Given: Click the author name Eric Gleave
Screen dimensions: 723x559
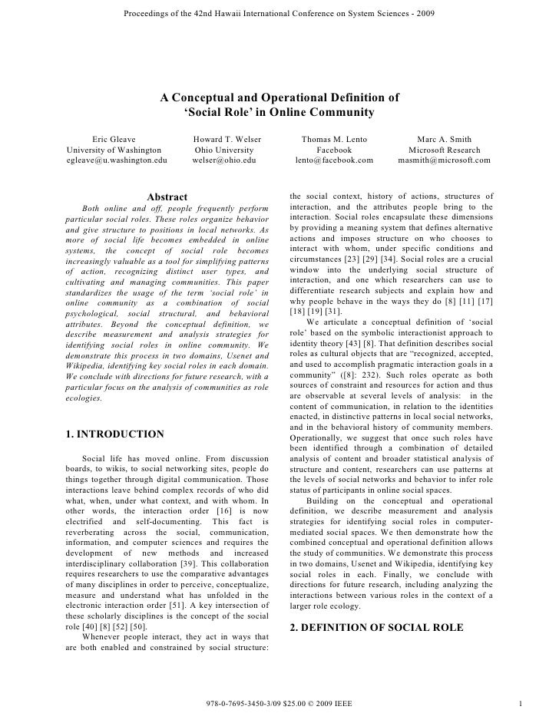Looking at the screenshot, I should pyautogui.click(x=114, y=139).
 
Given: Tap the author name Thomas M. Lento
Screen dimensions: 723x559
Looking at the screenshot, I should pyautogui.click(x=334, y=139).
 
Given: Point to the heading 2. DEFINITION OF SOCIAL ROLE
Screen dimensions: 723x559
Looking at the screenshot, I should pyautogui.click(x=376, y=628).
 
